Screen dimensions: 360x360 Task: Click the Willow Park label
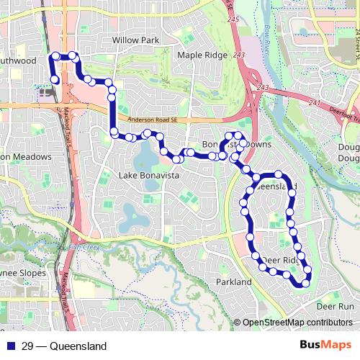[x=135, y=40]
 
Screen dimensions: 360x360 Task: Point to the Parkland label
[x=233, y=282]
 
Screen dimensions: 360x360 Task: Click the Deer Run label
[x=336, y=306]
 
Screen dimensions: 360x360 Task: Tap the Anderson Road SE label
[x=156, y=121]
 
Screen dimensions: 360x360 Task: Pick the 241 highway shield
[x=314, y=102]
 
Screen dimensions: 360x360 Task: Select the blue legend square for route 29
[x=10, y=346]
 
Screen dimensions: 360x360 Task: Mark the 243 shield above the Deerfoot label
[x=263, y=88]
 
